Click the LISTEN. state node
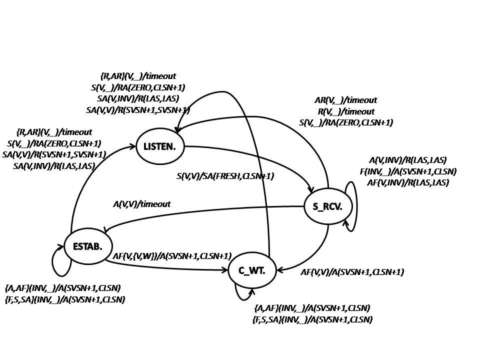(160, 146)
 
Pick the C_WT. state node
(251, 271)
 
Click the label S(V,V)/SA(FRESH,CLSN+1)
(225, 176)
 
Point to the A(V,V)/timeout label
(142, 204)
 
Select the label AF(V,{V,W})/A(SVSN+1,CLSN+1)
(172, 256)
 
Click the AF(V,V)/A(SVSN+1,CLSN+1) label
(352, 272)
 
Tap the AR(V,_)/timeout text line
(345, 100)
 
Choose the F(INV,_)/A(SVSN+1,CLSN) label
(407, 171)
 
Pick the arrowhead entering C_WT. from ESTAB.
(224, 270)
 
